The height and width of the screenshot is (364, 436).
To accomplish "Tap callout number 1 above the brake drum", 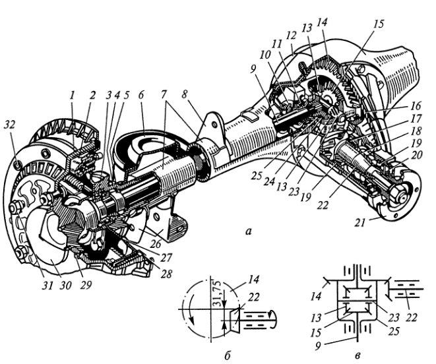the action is [73, 96].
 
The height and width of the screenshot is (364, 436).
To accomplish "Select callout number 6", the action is [141, 95].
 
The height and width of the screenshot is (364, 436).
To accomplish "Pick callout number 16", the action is [416, 106].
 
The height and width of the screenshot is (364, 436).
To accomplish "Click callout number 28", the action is [166, 274].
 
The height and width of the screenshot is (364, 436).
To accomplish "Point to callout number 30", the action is [65, 286].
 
